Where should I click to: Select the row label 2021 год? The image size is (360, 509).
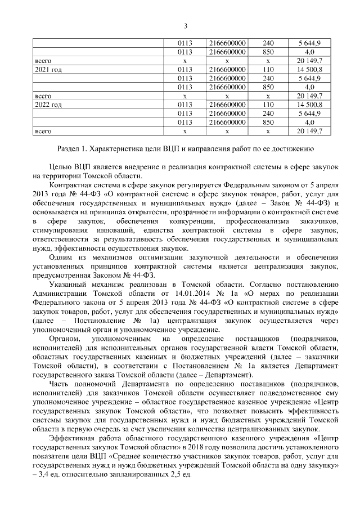tap(48, 69)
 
